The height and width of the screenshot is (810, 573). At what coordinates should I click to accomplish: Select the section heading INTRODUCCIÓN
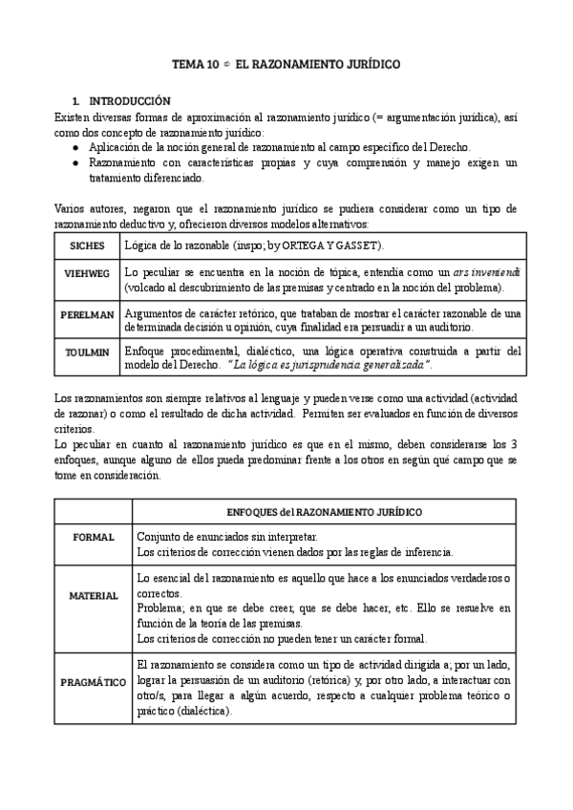[129, 100]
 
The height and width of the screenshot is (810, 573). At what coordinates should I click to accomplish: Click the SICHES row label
[87, 245]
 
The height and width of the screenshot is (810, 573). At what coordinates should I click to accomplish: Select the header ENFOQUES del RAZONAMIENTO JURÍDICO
[324, 512]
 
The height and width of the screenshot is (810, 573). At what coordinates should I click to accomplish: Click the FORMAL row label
[94, 537]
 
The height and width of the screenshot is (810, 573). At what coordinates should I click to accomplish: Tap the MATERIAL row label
[94, 595]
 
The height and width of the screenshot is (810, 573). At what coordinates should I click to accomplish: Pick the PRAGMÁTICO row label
[94, 683]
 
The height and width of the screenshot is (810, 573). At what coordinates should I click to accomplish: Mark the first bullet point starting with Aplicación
[76, 147]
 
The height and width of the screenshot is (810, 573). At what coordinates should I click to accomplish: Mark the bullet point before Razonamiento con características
[76, 163]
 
